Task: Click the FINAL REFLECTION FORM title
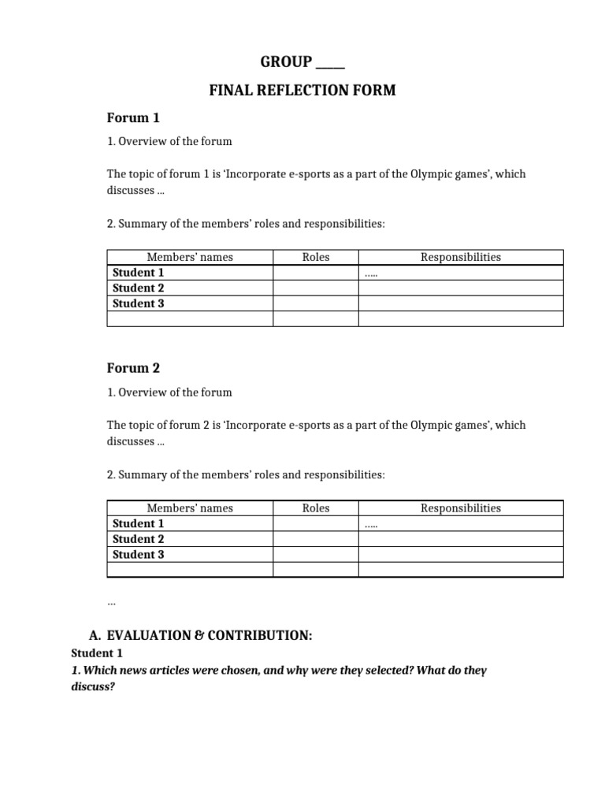coord(302,91)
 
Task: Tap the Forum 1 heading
coord(133,118)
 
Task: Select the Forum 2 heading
coord(133,368)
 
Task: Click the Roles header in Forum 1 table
coord(316,257)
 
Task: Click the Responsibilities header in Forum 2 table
coord(461,508)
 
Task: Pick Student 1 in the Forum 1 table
coord(139,273)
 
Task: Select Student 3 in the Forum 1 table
coord(139,303)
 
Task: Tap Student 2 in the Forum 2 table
coord(139,539)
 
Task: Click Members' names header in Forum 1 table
coord(190,257)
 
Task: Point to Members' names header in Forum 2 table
coord(190,508)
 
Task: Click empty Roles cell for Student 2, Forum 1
coord(316,288)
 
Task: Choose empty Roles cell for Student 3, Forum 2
coord(316,555)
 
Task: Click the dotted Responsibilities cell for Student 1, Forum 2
coord(461,524)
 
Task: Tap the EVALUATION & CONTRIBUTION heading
coord(210,635)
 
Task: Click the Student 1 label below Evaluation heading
coord(97,653)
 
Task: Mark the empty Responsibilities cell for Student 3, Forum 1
coord(461,303)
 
